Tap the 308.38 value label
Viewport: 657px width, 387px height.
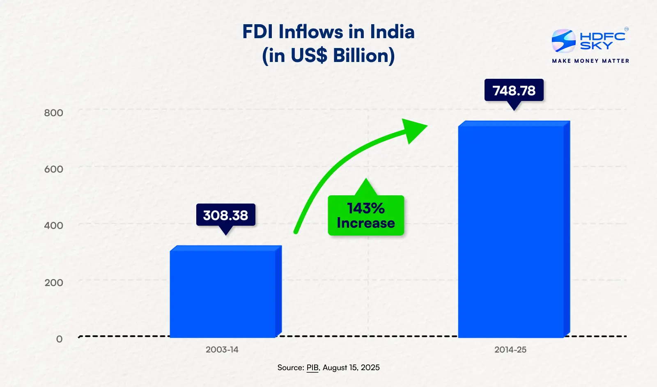pos(225,215)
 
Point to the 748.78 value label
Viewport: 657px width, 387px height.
pos(514,90)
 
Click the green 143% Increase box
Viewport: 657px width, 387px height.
pos(366,216)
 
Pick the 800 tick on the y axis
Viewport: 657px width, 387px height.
pos(54,113)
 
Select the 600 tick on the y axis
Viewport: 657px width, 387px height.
pos(54,169)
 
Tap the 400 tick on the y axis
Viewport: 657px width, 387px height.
pos(54,225)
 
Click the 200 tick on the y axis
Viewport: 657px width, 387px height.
pos(54,282)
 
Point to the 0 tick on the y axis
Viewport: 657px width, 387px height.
pos(60,339)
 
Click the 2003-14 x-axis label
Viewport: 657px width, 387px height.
pos(222,350)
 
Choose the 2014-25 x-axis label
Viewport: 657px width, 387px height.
pos(510,350)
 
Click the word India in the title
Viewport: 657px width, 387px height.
pos(392,32)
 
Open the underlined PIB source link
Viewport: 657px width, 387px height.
pos(312,368)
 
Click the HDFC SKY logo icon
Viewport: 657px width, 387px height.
pos(563,41)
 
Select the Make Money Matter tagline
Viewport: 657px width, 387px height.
pos(590,61)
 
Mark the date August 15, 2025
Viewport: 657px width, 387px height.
pos(351,368)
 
